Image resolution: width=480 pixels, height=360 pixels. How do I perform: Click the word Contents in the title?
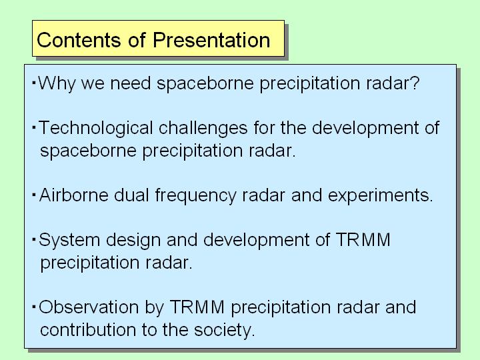[x=79, y=40]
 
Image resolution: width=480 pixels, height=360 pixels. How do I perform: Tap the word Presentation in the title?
[x=211, y=40]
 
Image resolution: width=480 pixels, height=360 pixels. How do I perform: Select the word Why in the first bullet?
[x=56, y=83]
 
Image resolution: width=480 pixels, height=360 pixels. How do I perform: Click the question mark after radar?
[x=415, y=83]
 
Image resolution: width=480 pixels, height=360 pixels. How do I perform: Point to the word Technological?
[x=96, y=128]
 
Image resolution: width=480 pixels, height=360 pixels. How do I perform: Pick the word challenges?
[x=203, y=127]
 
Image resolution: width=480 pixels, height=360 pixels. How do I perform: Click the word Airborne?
[x=74, y=195]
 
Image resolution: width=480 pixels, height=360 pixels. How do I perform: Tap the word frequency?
[x=195, y=195]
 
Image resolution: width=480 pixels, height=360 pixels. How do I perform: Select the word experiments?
[x=381, y=195]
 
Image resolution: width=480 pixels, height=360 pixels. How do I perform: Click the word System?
[x=69, y=240]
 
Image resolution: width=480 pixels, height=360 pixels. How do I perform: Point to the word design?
[x=133, y=240]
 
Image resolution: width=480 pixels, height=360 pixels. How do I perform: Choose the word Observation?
[x=89, y=307]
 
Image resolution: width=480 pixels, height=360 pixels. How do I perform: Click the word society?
[x=225, y=330]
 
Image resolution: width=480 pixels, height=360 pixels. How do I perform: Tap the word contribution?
[x=88, y=330]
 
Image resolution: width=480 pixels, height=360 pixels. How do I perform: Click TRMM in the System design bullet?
[x=363, y=239]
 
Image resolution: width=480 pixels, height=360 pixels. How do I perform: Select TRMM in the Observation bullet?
[x=197, y=307]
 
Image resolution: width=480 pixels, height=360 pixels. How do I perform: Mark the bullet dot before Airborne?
[x=34, y=195]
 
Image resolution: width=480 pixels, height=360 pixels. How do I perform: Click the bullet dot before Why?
[x=34, y=83]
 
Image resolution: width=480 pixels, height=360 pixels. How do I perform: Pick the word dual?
[x=131, y=195]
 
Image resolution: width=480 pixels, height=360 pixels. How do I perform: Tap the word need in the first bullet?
[x=131, y=83]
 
